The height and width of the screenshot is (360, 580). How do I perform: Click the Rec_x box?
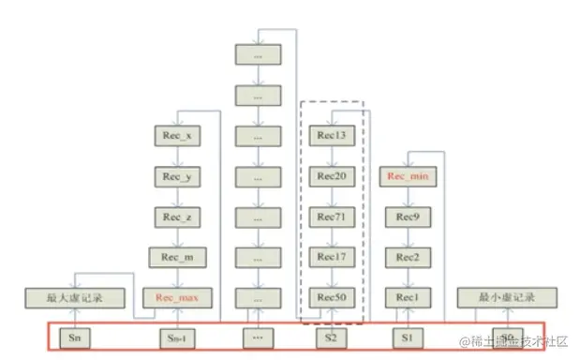(x=177, y=135)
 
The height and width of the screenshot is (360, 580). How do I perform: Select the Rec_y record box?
(x=177, y=175)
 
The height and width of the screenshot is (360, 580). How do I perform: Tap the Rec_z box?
(x=177, y=217)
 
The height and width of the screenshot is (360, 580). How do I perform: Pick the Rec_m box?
(x=177, y=257)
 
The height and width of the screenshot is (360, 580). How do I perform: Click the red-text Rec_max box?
(x=177, y=298)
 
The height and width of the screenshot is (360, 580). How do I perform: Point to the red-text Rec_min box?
(x=407, y=175)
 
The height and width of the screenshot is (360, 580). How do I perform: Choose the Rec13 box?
(x=331, y=135)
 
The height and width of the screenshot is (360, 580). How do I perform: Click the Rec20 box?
(x=331, y=175)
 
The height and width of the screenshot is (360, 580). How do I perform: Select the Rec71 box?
(x=331, y=217)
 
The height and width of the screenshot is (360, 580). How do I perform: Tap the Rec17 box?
(x=331, y=257)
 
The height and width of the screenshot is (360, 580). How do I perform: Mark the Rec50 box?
(x=331, y=298)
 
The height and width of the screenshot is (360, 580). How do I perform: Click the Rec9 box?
(x=407, y=217)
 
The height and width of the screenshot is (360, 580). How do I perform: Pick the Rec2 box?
(x=407, y=257)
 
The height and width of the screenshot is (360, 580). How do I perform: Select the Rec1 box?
(x=407, y=298)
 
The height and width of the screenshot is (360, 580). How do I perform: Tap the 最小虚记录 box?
(x=507, y=298)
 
